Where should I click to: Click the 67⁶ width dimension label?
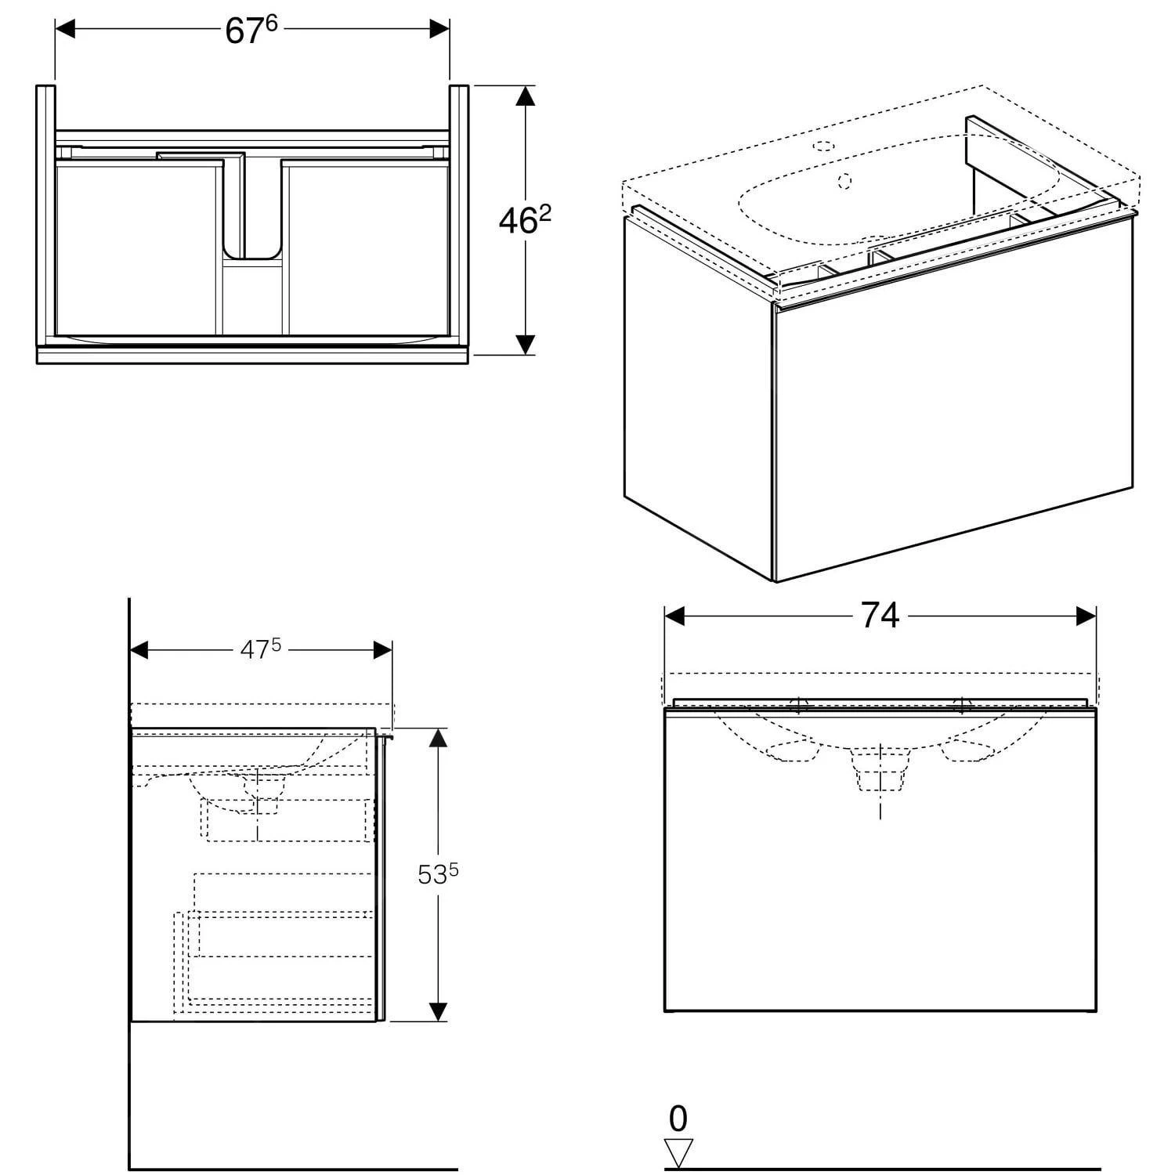[251, 31]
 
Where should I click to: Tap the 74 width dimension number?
[880, 616]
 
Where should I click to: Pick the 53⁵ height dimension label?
[437, 874]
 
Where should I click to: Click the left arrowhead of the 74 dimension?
[674, 616]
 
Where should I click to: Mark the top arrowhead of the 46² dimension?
[525, 96]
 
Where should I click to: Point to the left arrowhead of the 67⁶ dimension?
[65, 30]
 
